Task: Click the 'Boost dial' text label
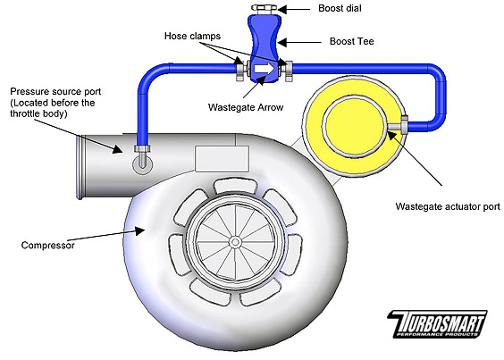pyautogui.click(x=340, y=8)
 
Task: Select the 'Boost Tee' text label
pyautogui.click(x=352, y=41)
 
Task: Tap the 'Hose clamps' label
pyautogui.click(x=192, y=36)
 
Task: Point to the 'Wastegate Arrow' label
pyautogui.click(x=246, y=107)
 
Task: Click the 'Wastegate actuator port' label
pyautogui.click(x=448, y=206)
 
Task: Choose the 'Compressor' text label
pyautogui.click(x=47, y=246)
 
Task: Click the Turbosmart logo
pyautogui.click(x=437, y=324)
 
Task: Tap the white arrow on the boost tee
pyautogui.click(x=265, y=69)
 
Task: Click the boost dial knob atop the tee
pyautogui.click(x=265, y=9)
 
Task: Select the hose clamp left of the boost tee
pyautogui.click(x=241, y=69)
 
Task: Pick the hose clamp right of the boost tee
pyautogui.click(x=287, y=70)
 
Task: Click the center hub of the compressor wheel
pyautogui.click(x=235, y=242)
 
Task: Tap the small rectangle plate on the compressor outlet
pyautogui.click(x=223, y=158)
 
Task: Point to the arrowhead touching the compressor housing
pyautogui.click(x=139, y=230)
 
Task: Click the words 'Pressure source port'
pyautogui.click(x=55, y=92)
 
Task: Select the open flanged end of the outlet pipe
pyautogui.click(x=81, y=167)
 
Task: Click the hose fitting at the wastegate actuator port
pyautogui.click(x=404, y=125)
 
